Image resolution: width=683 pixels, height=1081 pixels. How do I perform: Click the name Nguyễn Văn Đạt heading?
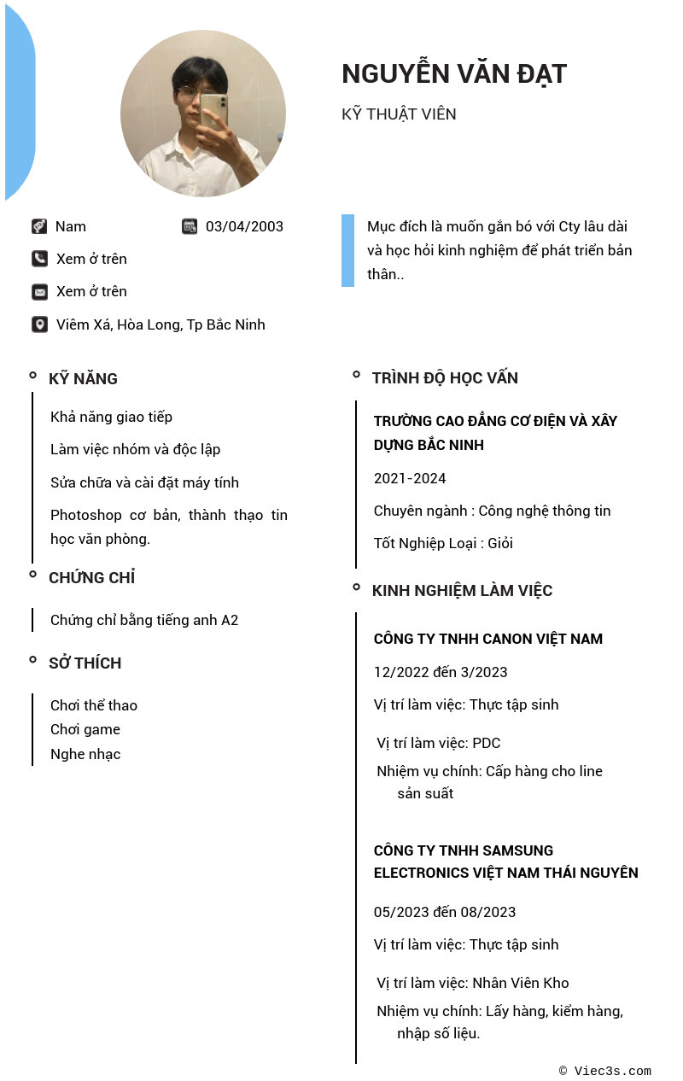[x=453, y=74]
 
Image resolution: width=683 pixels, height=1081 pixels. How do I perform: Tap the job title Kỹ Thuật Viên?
[x=399, y=114]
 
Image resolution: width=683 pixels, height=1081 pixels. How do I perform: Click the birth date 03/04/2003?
[x=244, y=226]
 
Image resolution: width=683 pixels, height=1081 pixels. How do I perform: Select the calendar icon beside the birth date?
[x=190, y=226]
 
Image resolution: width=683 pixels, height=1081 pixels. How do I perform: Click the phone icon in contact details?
[x=39, y=259]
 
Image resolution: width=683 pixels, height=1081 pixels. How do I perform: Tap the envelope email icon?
[x=39, y=292]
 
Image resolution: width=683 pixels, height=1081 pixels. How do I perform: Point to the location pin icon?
[x=39, y=324]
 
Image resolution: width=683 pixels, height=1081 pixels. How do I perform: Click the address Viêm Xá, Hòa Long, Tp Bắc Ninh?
[x=161, y=324]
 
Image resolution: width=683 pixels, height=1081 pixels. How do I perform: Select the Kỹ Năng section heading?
[x=83, y=378]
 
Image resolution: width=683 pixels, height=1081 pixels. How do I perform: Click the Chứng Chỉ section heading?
[x=91, y=577]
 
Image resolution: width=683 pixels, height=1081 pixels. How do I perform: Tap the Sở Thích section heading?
[x=85, y=663]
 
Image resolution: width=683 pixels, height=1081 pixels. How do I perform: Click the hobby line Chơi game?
[x=85, y=729]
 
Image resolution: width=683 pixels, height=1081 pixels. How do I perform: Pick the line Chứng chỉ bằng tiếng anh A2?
[x=144, y=620]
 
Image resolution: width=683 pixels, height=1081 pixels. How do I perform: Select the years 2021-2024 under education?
[x=410, y=478]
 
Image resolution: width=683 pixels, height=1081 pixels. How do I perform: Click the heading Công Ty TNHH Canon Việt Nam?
[x=487, y=639]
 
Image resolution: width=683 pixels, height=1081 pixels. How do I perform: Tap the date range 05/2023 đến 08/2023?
[x=445, y=912]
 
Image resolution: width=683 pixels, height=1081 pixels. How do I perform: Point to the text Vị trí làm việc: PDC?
[x=438, y=743]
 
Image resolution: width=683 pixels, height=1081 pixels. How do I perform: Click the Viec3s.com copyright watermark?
[x=605, y=1071]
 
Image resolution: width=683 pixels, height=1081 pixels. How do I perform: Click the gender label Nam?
[x=71, y=226]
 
